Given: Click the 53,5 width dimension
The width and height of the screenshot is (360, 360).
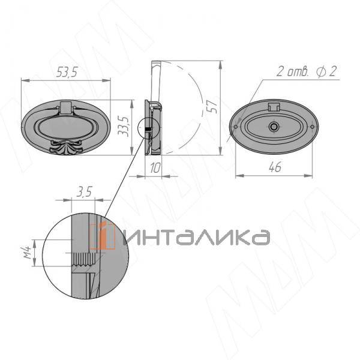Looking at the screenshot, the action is tap(67, 72).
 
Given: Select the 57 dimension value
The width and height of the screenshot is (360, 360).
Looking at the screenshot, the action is tap(213, 107).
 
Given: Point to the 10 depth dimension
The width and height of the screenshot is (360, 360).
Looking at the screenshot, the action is tap(155, 167).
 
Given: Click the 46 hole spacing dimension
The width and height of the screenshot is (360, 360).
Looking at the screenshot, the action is tap(275, 167).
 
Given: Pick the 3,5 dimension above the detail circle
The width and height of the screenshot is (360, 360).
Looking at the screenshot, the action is tap(84, 192).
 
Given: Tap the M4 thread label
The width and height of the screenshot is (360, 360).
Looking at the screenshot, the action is tap(28, 252).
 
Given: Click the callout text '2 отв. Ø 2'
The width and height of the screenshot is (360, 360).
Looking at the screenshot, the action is tap(307, 71).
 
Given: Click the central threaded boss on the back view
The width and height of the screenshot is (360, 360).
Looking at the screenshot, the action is tap(273, 127).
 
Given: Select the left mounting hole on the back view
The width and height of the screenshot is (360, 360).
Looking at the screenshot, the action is tap(236, 127).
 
